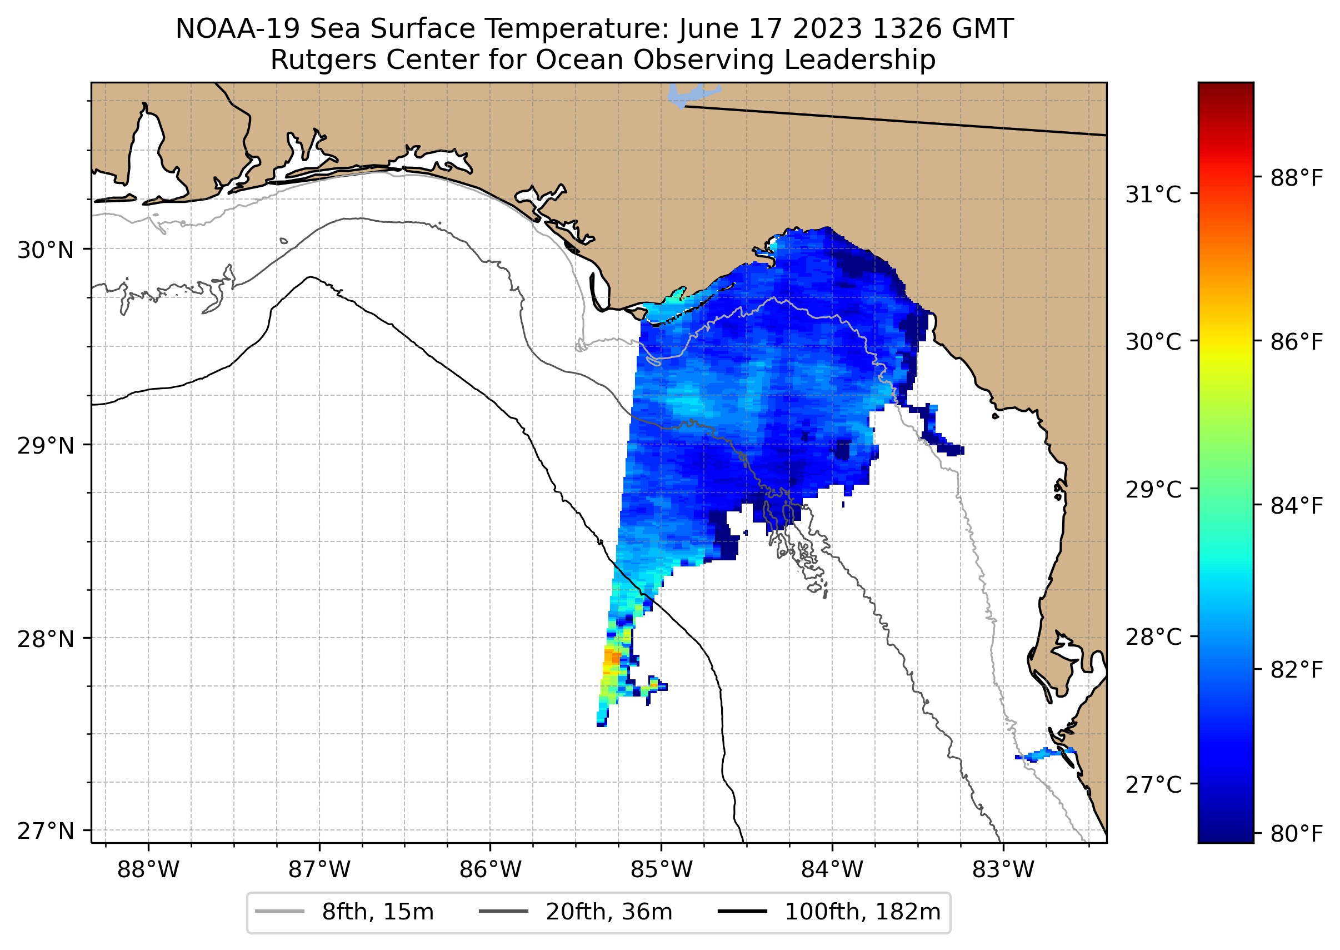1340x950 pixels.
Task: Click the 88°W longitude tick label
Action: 148,870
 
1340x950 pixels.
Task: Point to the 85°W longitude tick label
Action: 661,870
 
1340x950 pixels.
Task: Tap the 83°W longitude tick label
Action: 1003,870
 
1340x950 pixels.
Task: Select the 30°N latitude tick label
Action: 46,250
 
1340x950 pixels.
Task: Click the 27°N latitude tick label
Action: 46,830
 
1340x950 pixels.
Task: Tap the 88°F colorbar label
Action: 1296,178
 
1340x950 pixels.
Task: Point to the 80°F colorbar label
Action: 1296,834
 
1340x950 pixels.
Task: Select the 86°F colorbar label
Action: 1296,342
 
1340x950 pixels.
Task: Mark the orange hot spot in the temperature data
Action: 612,658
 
